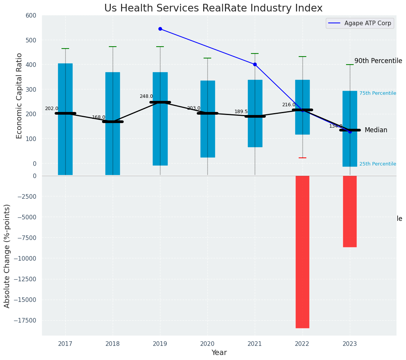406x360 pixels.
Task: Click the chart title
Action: pyautogui.click(x=214, y=8)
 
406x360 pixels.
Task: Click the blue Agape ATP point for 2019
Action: pyautogui.click(x=160, y=29)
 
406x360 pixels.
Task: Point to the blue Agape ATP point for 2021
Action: pyautogui.click(x=255, y=64)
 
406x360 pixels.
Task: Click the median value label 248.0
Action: pyautogui.click(x=146, y=96)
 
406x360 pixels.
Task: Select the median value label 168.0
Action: pyautogui.click(x=99, y=117)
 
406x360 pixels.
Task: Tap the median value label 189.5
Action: pyautogui.click(x=241, y=112)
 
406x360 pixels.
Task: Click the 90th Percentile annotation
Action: pyautogui.click(x=378, y=61)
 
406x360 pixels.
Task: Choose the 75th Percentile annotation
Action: pyautogui.click(x=377, y=93)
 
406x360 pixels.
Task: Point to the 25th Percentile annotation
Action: pyautogui.click(x=377, y=164)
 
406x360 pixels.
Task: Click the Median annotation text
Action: pyautogui.click(x=376, y=130)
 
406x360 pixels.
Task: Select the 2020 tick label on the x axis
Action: pyautogui.click(x=207, y=344)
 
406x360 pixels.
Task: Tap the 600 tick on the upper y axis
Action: pyautogui.click(x=31, y=16)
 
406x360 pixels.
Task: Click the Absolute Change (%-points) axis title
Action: pyautogui.click(x=7, y=256)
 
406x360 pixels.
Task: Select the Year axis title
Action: pyautogui.click(x=219, y=353)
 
